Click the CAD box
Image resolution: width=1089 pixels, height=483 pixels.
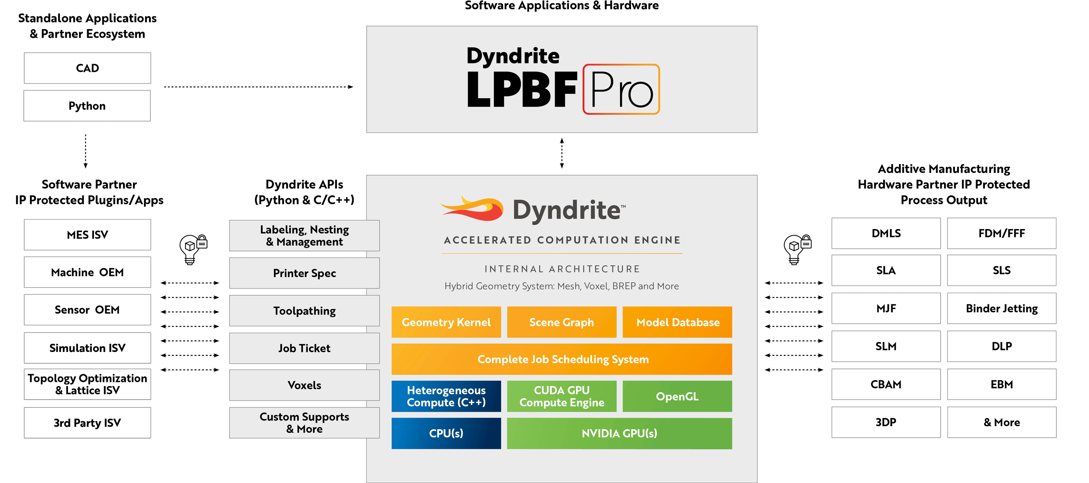pos(87,68)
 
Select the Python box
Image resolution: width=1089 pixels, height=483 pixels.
pos(87,106)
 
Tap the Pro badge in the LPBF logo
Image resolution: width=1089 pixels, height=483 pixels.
pos(621,89)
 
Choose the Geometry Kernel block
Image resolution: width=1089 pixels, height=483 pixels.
pos(446,322)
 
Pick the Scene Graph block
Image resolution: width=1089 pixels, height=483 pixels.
pos(562,322)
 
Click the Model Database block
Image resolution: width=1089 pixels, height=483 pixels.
pos(677,322)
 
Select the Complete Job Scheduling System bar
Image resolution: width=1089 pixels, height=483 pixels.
pos(562,359)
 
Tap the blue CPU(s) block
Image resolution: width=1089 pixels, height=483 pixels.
pos(446,433)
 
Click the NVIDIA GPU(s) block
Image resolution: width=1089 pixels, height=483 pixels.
pos(619,433)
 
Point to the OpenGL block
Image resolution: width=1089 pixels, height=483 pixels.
pos(677,396)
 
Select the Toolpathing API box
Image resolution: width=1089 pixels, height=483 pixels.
pos(304,311)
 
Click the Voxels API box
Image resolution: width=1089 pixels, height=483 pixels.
pos(304,385)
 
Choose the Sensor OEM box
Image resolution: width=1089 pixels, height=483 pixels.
pos(87,310)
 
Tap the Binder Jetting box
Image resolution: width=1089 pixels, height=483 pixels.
pos(1002,308)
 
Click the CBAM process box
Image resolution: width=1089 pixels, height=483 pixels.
pos(885,384)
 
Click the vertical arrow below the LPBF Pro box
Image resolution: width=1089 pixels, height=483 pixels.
pos(562,153)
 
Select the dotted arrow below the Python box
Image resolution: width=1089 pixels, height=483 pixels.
pos(85,151)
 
